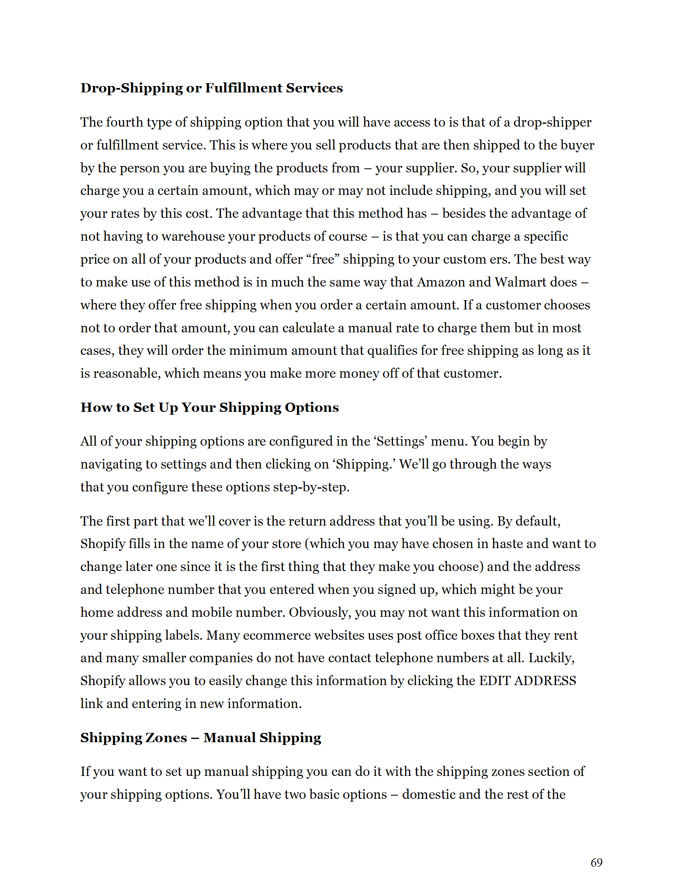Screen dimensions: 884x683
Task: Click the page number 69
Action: click(x=596, y=863)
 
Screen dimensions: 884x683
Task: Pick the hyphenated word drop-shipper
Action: click(x=552, y=122)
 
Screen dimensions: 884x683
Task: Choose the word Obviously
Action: click(x=319, y=612)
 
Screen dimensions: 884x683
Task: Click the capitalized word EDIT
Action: click(x=495, y=681)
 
